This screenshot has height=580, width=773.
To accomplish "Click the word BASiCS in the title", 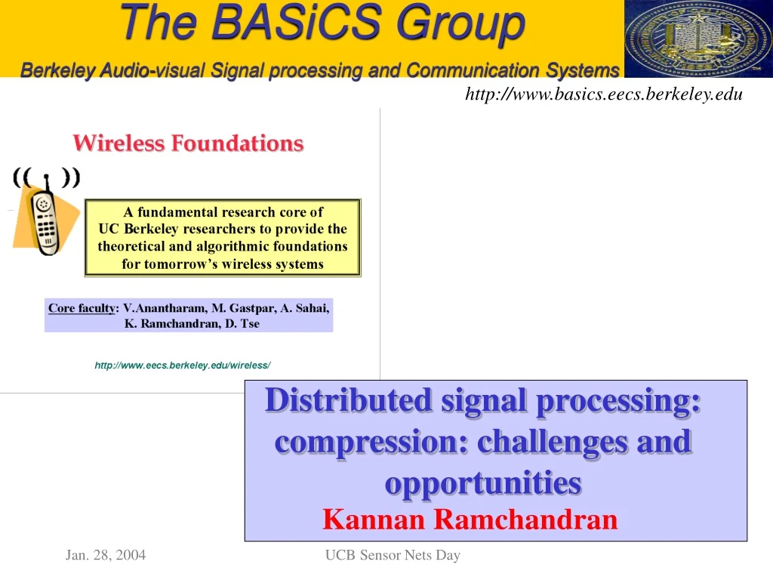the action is click(296, 22).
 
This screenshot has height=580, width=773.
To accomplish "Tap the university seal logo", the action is click(698, 39).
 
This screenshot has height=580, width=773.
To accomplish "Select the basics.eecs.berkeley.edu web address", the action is click(604, 94).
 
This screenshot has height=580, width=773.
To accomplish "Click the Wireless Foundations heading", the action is click(188, 143).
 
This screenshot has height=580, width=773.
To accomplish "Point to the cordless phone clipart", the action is click(45, 212).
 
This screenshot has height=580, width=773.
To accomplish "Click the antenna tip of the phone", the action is click(46, 176).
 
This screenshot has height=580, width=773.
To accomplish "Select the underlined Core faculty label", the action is click(82, 308).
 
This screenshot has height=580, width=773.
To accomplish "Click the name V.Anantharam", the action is click(165, 308).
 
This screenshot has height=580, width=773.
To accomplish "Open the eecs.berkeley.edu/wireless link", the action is click(183, 366).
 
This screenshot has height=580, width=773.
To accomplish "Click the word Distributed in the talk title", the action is click(348, 400).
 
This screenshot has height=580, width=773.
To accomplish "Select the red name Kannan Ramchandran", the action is click(470, 520).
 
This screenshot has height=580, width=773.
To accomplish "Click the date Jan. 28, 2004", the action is click(106, 555).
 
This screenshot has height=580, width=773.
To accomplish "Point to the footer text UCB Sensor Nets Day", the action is click(393, 555).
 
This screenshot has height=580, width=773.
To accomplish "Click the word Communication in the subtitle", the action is click(473, 70).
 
